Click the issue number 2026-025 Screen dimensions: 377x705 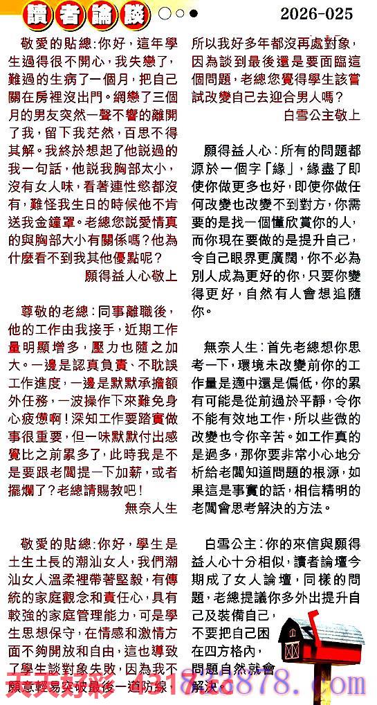[317, 13]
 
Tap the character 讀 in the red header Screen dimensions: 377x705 [35, 13]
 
